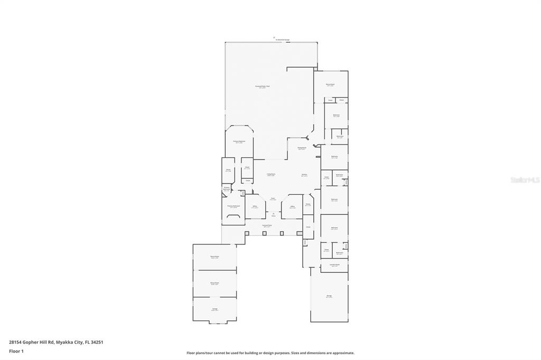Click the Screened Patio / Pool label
click(263, 86)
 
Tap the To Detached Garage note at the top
click(282, 40)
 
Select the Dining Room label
click(302, 148)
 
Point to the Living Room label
click(270, 174)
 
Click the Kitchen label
click(304, 174)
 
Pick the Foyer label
click(273, 198)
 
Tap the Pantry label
click(307, 204)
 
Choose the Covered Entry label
click(267, 225)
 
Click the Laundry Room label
click(334, 265)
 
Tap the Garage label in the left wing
click(214, 309)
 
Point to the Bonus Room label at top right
click(330, 84)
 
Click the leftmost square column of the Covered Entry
click(247, 232)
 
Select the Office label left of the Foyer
click(255, 206)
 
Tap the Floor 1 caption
click(16, 350)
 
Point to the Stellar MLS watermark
click(524, 180)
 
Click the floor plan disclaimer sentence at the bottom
click(270, 353)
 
